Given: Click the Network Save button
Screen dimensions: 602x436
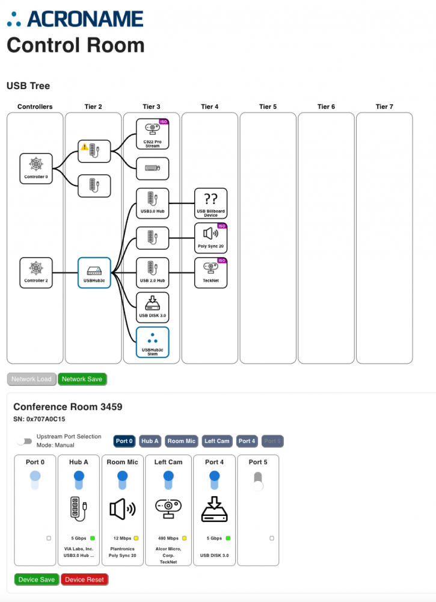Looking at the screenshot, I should pos(82,379).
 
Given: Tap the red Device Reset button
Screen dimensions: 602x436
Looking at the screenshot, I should pos(84,579).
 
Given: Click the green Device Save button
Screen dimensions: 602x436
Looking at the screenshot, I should pos(37,579).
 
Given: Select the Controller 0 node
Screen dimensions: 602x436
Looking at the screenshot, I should pos(36,168).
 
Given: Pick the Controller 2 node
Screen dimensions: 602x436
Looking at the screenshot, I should pos(36,273).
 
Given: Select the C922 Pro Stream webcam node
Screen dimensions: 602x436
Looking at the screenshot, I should pos(153,134).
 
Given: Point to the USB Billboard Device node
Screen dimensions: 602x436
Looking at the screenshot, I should pos(211,203).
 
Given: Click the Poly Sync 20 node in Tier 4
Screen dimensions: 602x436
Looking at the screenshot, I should pos(211,238).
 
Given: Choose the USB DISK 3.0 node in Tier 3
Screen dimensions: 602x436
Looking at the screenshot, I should pos(153,307).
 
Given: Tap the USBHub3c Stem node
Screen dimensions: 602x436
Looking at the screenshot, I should pos(153,342).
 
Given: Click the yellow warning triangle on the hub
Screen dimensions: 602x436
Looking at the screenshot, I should pos(85,147).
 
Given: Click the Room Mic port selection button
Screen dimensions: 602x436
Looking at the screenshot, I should pos(182,441).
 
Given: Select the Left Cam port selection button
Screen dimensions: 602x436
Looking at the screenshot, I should pos(217,441).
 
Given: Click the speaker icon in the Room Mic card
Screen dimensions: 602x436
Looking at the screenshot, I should pos(122,509).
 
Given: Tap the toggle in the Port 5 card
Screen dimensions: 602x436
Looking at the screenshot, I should pos(258,481).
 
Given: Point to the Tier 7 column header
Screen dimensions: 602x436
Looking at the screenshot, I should pos(384,107).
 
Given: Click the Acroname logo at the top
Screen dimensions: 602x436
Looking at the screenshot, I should pos(75,19).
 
